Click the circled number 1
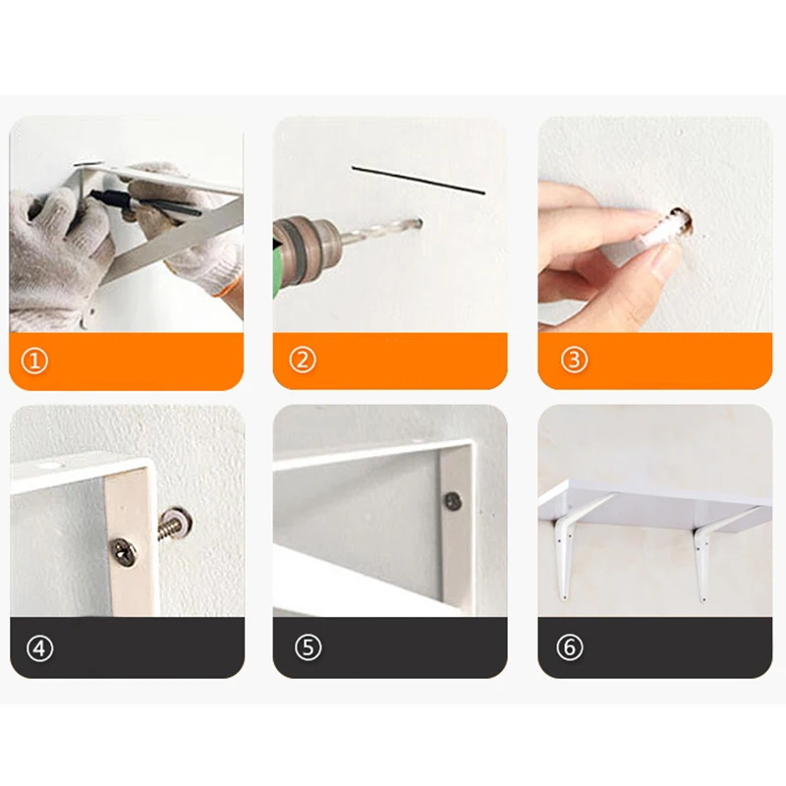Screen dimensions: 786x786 (34, 361)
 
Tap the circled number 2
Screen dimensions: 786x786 (303, 360)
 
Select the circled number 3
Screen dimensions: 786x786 (574, 360)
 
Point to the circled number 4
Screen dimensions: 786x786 (39, 648)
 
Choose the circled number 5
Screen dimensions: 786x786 (308, 647)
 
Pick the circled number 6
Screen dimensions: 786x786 (570, 647)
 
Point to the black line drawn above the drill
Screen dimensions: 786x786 (419, 180)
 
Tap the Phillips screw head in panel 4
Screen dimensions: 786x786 (126, 551)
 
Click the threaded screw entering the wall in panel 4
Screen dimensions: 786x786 (173, 525)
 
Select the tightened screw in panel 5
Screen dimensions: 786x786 (454, 501)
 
